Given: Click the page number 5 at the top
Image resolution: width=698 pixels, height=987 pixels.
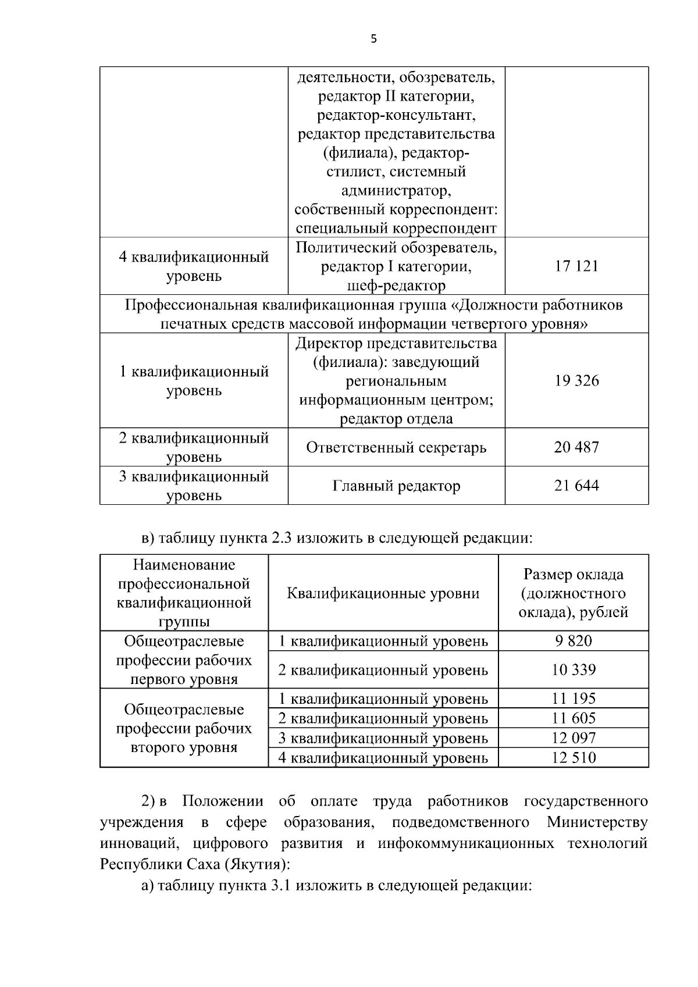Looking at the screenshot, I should click(x=373, y=39).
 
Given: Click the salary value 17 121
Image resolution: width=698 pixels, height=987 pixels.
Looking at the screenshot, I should click(x=576, y=266).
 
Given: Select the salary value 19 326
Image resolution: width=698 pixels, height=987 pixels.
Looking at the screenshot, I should click(x=576, y=381).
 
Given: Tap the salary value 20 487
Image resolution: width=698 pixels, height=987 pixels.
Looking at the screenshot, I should click(x=576, y=447).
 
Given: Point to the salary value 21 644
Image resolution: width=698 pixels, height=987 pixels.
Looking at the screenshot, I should click(x=576, y=486).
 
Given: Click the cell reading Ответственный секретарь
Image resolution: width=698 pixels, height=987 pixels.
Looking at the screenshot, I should click(x=396, y=447).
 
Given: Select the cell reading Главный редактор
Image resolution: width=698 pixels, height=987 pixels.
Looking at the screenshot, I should click(x=396, y=486).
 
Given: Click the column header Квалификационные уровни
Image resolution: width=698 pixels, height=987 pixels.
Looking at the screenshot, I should click(x=383, y=593).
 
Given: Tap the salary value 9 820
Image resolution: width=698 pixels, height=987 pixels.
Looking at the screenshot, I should click(x=574, y=641).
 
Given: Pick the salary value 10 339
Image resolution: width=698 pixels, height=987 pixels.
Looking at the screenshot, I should click(x=574, y=669).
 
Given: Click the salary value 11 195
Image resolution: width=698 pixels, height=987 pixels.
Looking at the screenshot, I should click(x=574, y=699).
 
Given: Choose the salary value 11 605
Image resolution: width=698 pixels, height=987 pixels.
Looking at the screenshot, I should click(x=574, y=718).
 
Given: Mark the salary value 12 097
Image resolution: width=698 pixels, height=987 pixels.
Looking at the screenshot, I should click(x=574, y=738).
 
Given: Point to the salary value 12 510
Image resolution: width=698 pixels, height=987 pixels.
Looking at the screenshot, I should click(x=574, y=758).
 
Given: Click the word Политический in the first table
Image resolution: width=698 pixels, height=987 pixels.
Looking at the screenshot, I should click(x=338, y=248).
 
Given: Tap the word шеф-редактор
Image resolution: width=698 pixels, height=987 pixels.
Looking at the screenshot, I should click(x=396, y=286).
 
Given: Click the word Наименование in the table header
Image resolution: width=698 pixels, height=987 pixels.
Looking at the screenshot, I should click(x=184, y=565).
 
